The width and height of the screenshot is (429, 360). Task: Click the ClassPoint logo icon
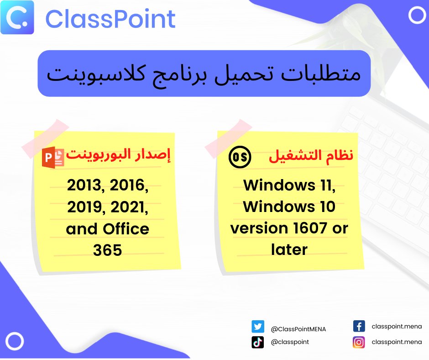[x=17, y=18]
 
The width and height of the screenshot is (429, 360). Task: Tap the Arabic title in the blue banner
[x=204, y=74]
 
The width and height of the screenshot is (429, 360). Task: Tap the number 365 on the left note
[x=108, y=250]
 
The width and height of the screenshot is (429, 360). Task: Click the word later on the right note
[x=289, y=249]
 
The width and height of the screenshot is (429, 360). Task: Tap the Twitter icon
[x=258, y=327]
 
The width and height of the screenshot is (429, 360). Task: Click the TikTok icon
[x=258, y=342]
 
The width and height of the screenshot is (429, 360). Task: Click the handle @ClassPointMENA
[x=298, y=329]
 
